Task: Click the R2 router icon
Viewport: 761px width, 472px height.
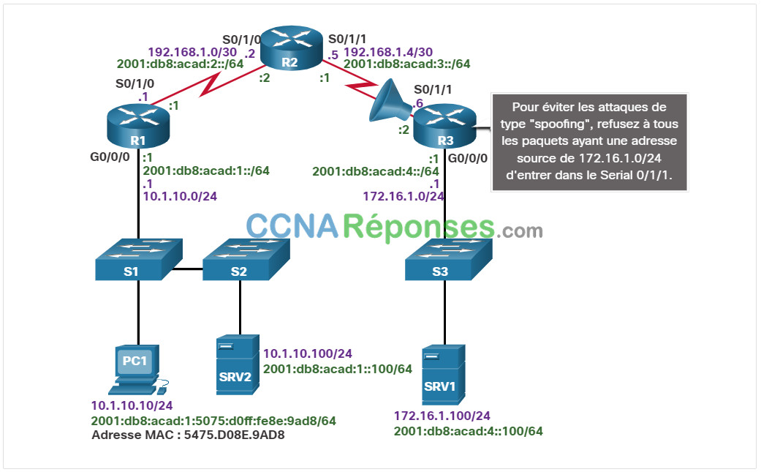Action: (292, 48)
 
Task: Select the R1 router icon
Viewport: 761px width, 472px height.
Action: (138, 125)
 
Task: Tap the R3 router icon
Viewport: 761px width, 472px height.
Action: (445, 126)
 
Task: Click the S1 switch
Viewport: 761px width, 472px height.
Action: (138, 259)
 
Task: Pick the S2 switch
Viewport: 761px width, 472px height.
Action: (246, 259)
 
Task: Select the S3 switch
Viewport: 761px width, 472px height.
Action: (448, 259)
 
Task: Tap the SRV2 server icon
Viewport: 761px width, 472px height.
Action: (238, 364)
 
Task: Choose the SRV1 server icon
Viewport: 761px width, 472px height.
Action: (443, 375)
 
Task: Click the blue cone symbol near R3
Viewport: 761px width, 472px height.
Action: (390, 102)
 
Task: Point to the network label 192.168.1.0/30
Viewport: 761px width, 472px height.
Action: (192, 52)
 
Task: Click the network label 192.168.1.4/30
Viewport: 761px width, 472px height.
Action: (388, 52)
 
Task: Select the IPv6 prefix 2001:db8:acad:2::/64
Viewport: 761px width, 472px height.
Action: (180, 64)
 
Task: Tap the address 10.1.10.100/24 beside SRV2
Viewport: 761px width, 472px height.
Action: (308, 353)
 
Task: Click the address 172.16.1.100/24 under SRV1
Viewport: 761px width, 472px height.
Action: (442, 416)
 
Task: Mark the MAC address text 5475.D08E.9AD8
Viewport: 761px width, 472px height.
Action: (234, 435)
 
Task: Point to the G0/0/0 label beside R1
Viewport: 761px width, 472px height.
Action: (110, 157)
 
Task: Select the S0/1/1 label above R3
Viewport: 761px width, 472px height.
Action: (433, 89)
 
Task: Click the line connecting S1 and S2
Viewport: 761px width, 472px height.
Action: (187, 269)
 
